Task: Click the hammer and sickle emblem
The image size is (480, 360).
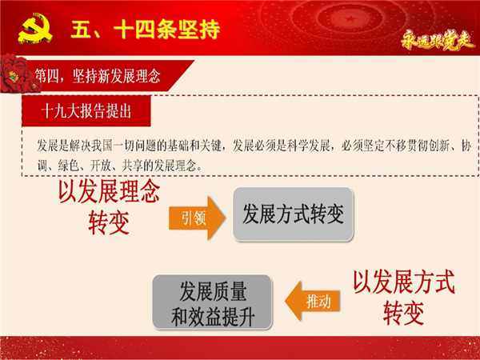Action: click(35, 28)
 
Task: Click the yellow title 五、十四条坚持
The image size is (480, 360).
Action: click(146, 30)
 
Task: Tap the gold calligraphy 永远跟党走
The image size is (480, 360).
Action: click(438, 40)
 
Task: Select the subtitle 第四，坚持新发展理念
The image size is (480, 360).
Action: click(98, 76)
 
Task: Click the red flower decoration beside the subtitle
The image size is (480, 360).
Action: click(17, 74)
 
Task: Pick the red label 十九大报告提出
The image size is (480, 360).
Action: click(86, 111)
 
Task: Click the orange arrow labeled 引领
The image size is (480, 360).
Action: click(197, 218)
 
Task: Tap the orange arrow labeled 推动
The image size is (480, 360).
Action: click(312, 301)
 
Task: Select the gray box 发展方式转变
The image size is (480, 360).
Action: click(294, 214)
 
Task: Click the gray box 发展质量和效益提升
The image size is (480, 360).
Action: click(212, 302)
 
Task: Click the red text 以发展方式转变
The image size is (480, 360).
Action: click(404, 297)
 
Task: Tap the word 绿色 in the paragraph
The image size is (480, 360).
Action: click(69, 166)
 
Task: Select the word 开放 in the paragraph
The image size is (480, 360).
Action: click(101, 166)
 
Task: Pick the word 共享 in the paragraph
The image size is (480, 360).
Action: click(133, 166)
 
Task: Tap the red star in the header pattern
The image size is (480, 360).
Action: click(350, 19)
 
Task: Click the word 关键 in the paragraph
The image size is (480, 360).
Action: click(210, 146)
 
